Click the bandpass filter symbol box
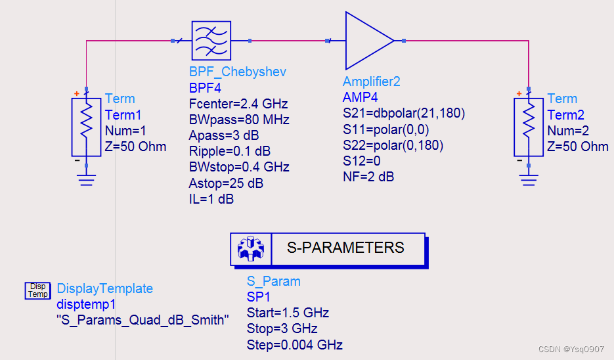point(211,40)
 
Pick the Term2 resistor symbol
point(529,127)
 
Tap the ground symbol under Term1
point(86,178)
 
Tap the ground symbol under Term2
point(529,178)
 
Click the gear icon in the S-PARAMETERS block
point(250,248)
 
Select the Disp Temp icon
point(37,290)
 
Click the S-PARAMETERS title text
point(345,248)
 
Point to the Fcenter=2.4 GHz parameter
point(238,104)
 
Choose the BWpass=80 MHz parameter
point(239,120)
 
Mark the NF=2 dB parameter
point(368,176)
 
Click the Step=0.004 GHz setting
point(294,345)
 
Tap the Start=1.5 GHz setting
point(288,313)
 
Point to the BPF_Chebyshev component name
point(237,72)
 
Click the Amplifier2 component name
point(380,81)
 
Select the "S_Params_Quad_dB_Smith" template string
point(143,321)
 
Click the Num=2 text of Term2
point(569,130)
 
